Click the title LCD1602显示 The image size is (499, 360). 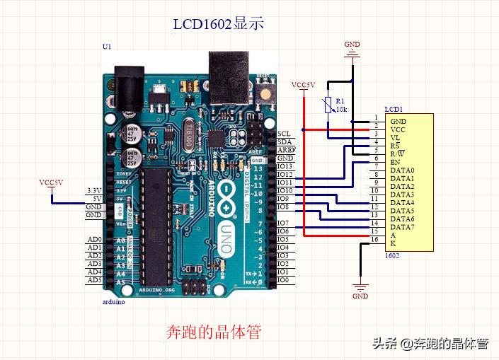(218, 23)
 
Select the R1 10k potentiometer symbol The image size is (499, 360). (328, 105)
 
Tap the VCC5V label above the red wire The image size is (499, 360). (303, 85)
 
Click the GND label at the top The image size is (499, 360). (352, 44)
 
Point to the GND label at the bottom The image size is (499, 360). (360, 296)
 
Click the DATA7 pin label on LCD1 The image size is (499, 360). (402, 227)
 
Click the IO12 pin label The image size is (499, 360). (285, 174)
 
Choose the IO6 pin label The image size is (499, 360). (283, 231)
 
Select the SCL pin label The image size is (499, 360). (284, 133)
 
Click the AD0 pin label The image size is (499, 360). (94, 240)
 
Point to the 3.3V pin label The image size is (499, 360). (93, 191)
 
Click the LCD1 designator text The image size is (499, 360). (394, 109)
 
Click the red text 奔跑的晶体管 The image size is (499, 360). (213, 331)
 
